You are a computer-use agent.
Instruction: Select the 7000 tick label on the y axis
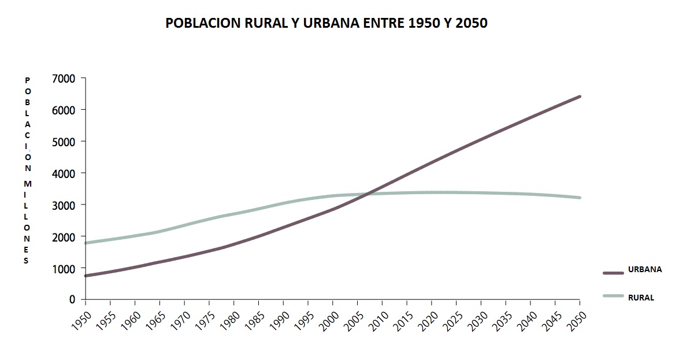tap(64, 78)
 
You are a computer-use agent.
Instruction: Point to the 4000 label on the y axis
tap(64, 173)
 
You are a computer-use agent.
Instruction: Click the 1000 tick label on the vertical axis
tap(64, 268)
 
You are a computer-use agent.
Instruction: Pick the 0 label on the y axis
tap(72, 299)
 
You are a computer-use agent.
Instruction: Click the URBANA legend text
tap(644, 269)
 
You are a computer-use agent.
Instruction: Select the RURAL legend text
tap(641, 298)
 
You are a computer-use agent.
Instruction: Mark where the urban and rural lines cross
tap(368, 194)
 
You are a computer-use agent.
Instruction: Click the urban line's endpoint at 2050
tap(580, 97)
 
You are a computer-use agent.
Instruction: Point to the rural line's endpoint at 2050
tap(580, 198)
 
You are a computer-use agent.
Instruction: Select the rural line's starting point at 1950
tap(86, 243)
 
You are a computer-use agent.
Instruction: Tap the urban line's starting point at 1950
tap(86, 276)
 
